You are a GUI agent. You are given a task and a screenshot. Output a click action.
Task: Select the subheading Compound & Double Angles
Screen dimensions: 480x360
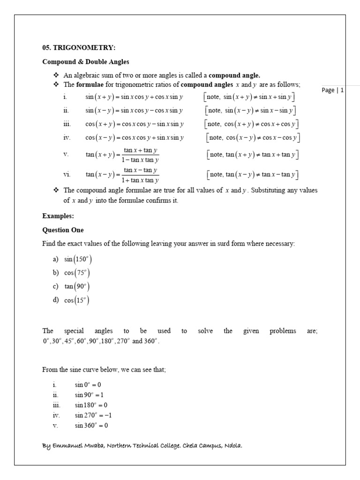point(86,62)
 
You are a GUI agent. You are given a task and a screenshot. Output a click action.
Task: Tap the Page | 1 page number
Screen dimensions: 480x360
point(333,90)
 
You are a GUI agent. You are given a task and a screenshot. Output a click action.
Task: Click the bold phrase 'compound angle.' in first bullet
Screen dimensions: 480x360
point(234,75)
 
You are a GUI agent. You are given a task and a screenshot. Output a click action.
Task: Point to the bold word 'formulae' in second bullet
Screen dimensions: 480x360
point(89,85)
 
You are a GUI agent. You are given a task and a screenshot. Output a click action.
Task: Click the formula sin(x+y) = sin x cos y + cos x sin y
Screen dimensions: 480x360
point(134,97)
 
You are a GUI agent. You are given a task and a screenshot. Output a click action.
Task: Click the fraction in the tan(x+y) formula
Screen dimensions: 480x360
point(141,155)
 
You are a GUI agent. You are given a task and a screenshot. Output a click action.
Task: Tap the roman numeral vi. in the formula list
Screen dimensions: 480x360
point(67,175)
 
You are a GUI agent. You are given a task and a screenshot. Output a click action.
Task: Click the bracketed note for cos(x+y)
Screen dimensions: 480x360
point(252,124)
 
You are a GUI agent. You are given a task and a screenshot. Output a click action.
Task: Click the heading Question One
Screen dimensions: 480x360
point(63,230)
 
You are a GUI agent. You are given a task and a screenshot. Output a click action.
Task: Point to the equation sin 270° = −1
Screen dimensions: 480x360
point(93,415)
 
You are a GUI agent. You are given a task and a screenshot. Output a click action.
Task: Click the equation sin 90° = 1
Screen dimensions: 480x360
point(89,395)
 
